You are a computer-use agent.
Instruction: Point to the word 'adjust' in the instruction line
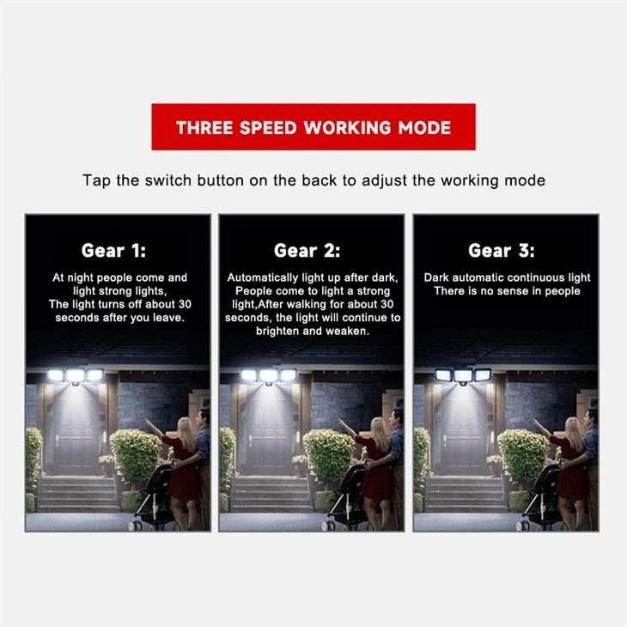384,181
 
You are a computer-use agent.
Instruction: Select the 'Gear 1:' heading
113,251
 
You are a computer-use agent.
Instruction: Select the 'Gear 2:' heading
307,251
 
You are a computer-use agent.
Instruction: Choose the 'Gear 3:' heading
501,251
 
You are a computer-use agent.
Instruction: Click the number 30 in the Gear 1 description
185,304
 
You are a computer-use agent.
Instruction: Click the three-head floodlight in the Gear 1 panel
76,376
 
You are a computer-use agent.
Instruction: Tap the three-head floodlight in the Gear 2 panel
269,376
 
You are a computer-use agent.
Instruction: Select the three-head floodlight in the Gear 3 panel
463,376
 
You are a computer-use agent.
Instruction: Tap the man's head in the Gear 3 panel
591,418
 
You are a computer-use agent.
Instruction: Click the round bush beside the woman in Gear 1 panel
136,455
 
